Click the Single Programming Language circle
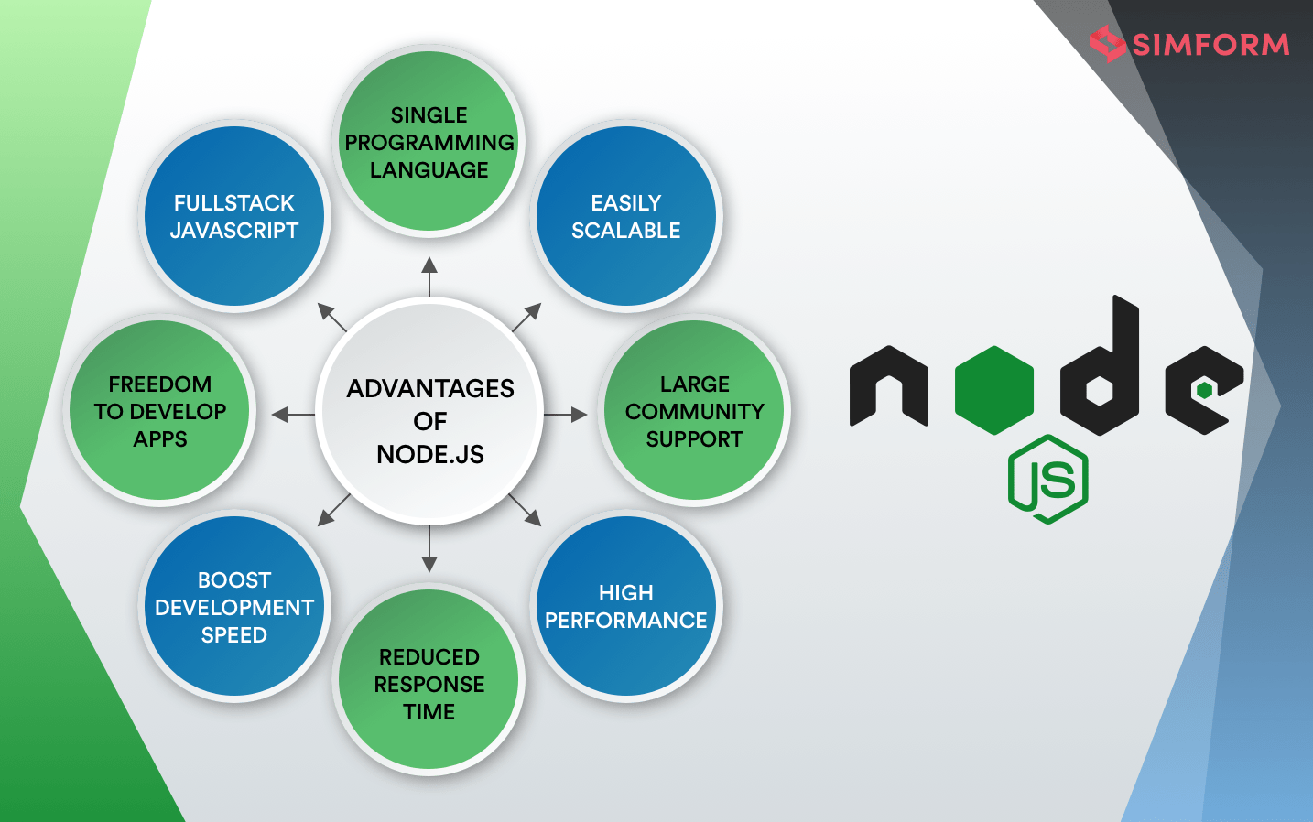click(429, 142)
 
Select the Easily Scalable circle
click(626, 217)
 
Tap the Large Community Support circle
click(694, 411)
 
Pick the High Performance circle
click(626, 606)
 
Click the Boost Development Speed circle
click(234, 606)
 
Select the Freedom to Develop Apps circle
click(160, 411)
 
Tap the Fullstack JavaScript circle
click(234, 217)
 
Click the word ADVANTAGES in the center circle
click(430, 388)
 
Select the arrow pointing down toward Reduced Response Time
click(429, 550)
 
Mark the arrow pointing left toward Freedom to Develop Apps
click(293, 415)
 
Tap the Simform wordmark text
click(1210, 44)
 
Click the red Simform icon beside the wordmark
click(1107, 43)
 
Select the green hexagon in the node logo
click(994, 389)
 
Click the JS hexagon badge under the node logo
click(1048, 480)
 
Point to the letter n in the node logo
click(888, 387)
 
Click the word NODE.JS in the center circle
click(430, 454)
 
